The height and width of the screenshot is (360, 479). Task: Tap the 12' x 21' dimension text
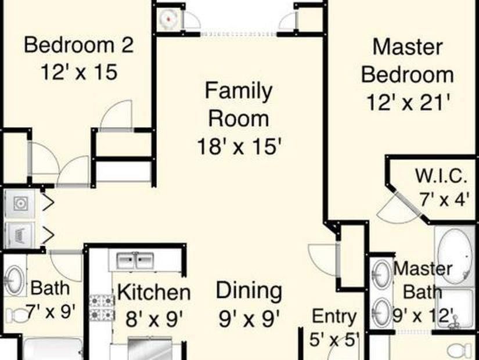(x=409, y=103)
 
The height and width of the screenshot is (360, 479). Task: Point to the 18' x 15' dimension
(x=239, y=145)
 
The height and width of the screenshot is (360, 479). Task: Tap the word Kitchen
(x=153, y=293)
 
